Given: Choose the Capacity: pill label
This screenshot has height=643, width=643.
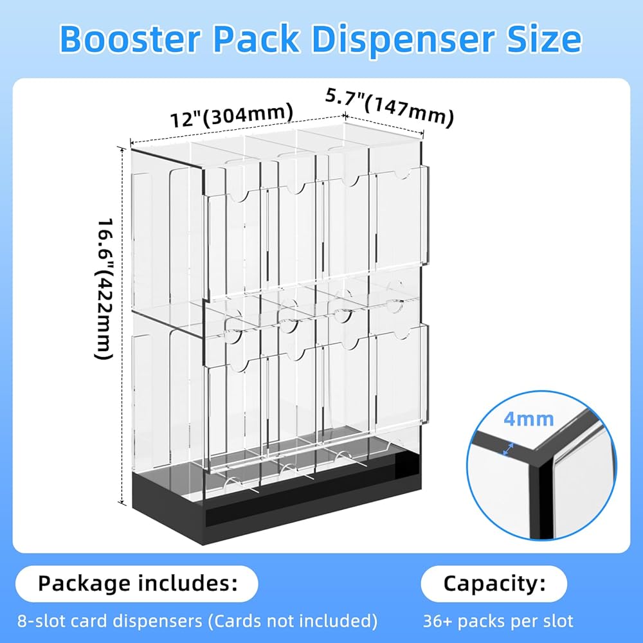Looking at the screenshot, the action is (494, 584).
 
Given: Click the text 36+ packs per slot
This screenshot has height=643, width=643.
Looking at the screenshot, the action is (498, 621).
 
